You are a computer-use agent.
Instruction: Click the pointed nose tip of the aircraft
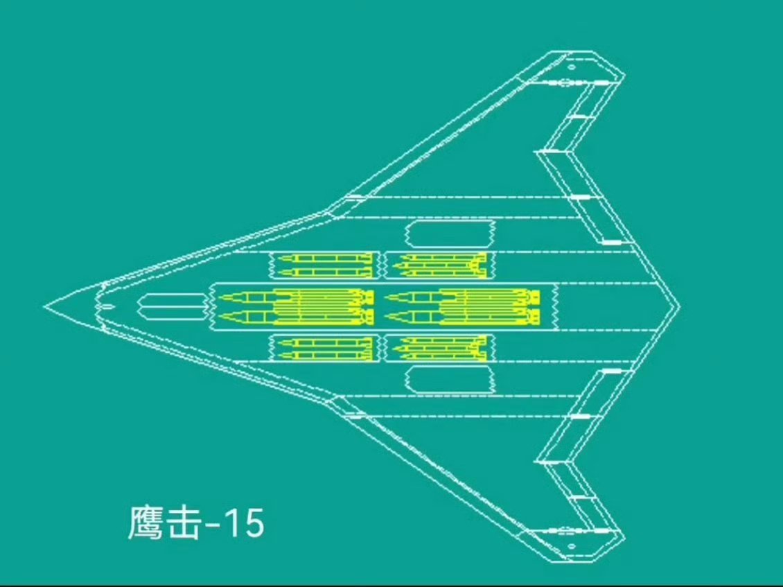click(46, 306)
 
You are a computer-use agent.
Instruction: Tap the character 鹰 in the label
click(146, 523)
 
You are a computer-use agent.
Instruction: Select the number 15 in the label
click(244, 523)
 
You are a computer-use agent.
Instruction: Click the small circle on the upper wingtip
click(572, 67)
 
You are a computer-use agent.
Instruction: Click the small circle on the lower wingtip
click(572, 546)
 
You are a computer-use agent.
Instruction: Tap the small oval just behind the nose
click(108, 306)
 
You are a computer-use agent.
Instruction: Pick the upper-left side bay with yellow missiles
click(324, 264)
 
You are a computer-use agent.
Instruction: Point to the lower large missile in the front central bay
click(294, 317)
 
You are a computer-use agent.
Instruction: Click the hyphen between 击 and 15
click(214, 525)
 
